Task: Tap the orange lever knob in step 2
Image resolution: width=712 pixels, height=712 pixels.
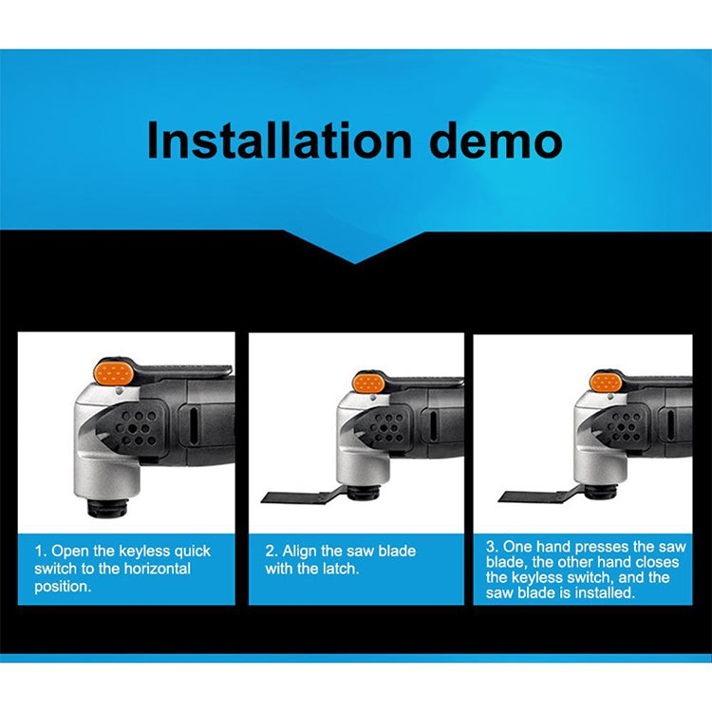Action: tap(368, 383)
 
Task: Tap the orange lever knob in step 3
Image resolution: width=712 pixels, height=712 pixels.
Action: tap(606, 382)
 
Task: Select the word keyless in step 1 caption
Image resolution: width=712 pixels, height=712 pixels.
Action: tap(145, 552)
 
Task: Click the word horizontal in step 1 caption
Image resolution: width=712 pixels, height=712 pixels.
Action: tap(157, 569)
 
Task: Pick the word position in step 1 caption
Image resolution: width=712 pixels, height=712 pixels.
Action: tap(63, 587)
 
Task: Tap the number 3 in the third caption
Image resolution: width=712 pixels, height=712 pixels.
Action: tap(491, 546)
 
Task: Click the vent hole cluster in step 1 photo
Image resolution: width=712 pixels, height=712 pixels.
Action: tap(136, 428)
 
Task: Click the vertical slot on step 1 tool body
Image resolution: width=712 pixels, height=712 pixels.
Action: tap(193, 427)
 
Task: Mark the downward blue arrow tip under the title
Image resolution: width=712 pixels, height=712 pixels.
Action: tap(355, 263)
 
